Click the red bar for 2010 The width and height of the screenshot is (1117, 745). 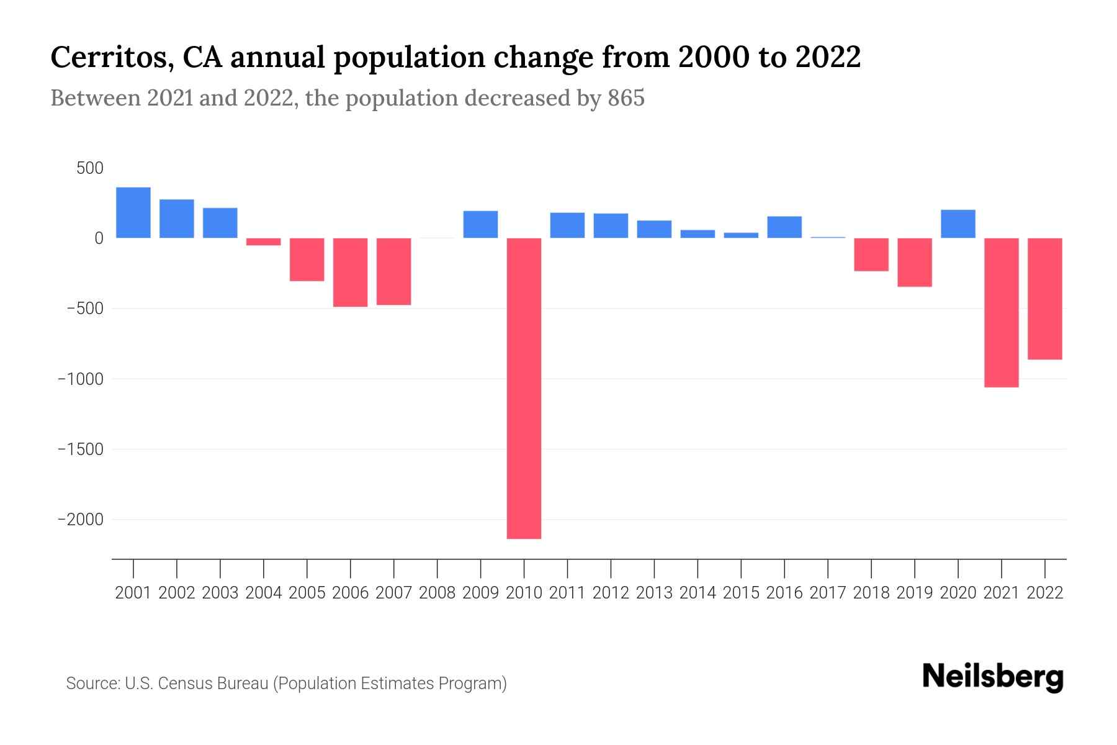(x=524, y=388)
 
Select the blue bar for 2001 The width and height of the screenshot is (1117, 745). (x=133, y=212)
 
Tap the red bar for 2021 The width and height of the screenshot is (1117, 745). (x=1002, y=312)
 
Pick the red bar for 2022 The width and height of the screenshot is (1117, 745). (x=1045, y=299)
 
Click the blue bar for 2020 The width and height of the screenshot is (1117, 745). (x=958, y=223)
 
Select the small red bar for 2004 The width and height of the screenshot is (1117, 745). (x=264, y=242)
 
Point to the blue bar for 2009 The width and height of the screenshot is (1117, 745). (x=481, y=224)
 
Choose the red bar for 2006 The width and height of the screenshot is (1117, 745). (x=351, y=272)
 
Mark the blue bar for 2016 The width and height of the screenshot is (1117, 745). (x=784, y=227)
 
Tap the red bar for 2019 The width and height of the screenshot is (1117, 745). (x=915, y=262)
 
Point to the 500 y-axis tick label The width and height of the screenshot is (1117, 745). (x=91, y=168)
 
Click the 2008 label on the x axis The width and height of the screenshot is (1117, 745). (x=437, y=593)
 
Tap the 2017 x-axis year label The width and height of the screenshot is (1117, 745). (x=828, y=593)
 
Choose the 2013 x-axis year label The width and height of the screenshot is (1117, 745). (x=654, y=593)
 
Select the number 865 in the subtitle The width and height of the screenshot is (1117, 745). (x=626, y=98)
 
